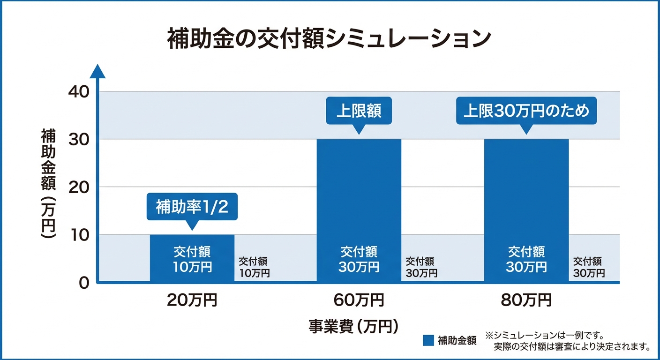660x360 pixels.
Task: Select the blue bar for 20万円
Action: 192,258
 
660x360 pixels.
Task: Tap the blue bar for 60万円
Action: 359,210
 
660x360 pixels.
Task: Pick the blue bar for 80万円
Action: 526,210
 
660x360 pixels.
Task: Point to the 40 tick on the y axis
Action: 78,92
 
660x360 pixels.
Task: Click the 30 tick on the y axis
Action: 78,140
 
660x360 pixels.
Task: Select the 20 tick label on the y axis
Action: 78,187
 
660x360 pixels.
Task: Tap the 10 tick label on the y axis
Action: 78,235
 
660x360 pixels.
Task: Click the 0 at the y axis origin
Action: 83,283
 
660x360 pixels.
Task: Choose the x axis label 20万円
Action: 192,300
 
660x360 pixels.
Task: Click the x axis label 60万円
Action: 359,300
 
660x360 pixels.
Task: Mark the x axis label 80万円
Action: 526,300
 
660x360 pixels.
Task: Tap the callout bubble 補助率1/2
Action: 192,207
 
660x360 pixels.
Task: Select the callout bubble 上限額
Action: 359,111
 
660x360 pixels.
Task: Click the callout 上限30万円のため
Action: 526,111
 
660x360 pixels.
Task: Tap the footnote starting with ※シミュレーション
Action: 568,341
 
